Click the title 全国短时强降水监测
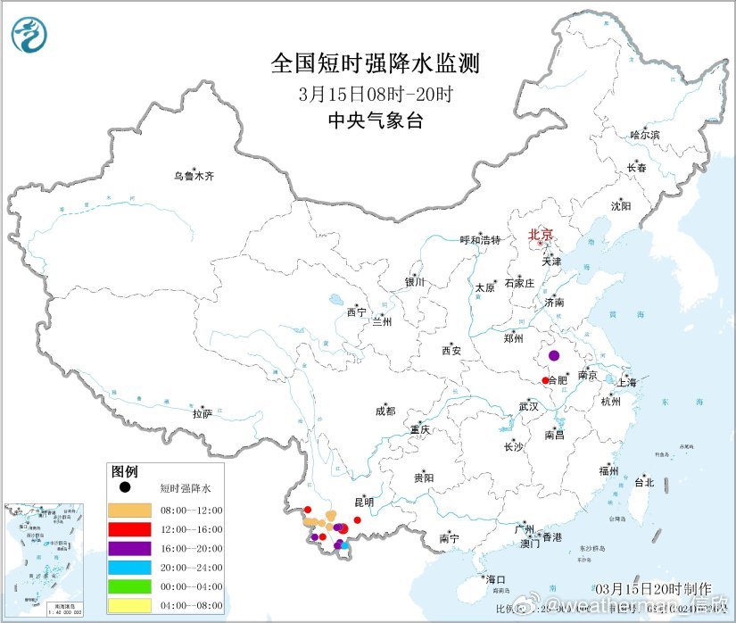coord(375,63)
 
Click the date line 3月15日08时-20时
coord(375,93)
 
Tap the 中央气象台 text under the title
coord(375,120)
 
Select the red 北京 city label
coord(541,236)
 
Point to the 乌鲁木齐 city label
coord(194,176)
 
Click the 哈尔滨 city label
coord(644,135)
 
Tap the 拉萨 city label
coord(203,413)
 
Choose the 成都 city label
coord(385,411)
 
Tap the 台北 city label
coord(643,482)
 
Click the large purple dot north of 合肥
coord(554,355)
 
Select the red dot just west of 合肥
coord(545,381)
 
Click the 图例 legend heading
coord(124,471)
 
